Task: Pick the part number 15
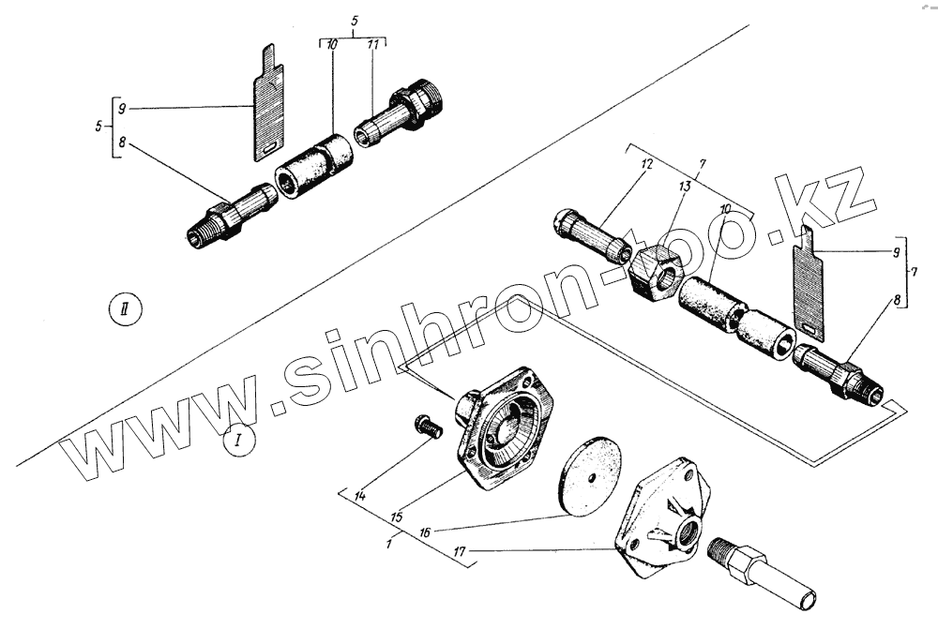pos(397,516)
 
